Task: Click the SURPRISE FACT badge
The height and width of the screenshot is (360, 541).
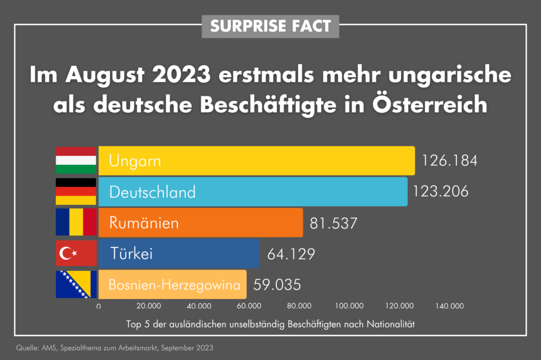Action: [270, 25]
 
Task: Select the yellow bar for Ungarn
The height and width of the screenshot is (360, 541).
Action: [256, 161]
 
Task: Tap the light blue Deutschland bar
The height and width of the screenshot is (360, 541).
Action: [253, 191]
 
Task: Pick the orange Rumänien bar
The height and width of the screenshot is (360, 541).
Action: [201, 222]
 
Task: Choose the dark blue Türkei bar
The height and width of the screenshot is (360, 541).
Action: [179, 253]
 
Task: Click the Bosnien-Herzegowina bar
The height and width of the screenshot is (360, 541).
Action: [172, 285]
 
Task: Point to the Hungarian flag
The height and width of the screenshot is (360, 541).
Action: [76, 161]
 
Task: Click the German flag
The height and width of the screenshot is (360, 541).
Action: [76, 191]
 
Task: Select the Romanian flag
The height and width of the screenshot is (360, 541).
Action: [76, 222]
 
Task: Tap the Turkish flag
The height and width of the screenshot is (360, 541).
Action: [76, 253]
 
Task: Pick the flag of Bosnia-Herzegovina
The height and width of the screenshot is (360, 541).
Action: [76, 285]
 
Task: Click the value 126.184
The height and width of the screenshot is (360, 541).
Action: [449, 160]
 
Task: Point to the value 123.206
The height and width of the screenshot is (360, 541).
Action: [441, 191]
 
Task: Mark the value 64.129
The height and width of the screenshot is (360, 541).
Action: [291, 254]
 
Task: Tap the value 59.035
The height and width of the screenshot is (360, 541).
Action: [277, 285]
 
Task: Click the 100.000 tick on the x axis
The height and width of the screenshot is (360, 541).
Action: [349, 306]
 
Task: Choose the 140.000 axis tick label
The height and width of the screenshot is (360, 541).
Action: [450, 306]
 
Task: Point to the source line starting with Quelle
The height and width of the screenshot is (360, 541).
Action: [115, 348]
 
